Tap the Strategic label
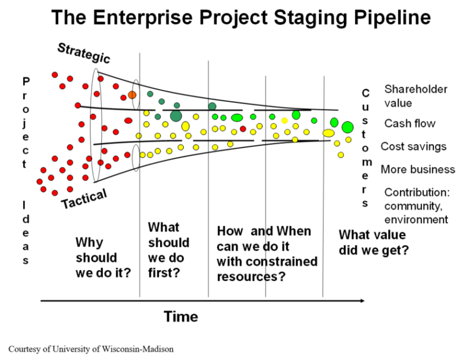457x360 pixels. click(84, 53)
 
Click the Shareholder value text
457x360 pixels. click(415, 96)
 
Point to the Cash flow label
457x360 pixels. click(410, 123)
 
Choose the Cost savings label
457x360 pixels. click(414, 146)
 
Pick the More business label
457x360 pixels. click(418, 169)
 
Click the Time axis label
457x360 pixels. click(181, 317)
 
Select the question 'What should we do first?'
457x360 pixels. click(168, 250)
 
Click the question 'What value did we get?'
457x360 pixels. click(374, 242)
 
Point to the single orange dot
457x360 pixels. click(132, 95)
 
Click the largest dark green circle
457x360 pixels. click(176, 115)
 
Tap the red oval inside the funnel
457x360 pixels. click(128, 121)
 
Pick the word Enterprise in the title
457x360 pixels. click(138, 17)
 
